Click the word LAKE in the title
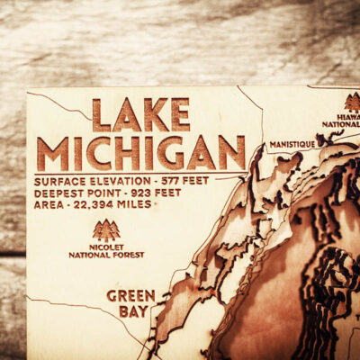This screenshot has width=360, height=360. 141,114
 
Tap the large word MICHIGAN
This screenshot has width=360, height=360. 140,153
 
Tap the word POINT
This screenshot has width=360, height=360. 105,193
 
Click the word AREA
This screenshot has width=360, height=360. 49,205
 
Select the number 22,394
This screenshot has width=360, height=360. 93,205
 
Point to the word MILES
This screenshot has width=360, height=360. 136,205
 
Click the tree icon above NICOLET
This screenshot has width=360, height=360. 105,229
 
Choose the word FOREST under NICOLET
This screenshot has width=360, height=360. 125,255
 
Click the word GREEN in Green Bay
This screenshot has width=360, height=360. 130,295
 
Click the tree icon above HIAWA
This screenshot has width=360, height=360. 351,102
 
